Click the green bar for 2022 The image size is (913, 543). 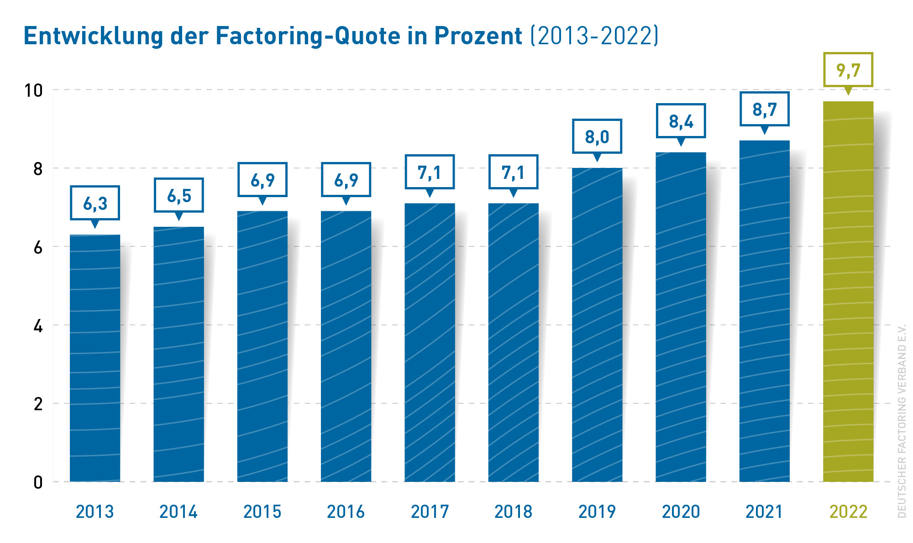(x=848, y=292)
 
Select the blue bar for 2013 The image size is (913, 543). (x=95, y=358)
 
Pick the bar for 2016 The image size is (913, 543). (x=346, y=347)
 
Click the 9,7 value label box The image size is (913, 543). (x=848, y=70)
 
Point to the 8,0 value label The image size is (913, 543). (x=597, y=136)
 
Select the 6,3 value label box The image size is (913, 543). (x=95, y=203)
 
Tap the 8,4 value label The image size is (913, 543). (x=681, y=121)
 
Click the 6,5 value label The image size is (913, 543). (x=179, y=195)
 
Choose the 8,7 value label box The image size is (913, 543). (x=765, y=109)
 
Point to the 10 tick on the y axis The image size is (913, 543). (x=33, y=90)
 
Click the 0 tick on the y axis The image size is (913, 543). (x=38, y=482)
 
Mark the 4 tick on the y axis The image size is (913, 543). (x=38, y=326)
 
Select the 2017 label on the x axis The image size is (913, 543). (x=430, y=512)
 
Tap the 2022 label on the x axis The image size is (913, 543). (x=848, y=512)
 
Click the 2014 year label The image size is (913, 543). (x=178, y=512)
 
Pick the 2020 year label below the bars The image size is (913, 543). (x=681, y=512)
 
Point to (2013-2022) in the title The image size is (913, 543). (x=594, y=36)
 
